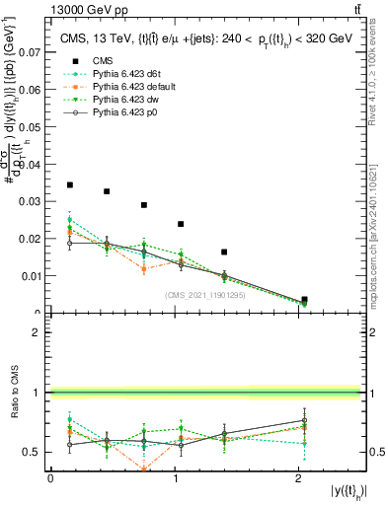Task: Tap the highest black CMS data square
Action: (69, 184)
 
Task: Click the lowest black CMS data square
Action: (304, 299)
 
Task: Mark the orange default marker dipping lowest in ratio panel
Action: (144, 469)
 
